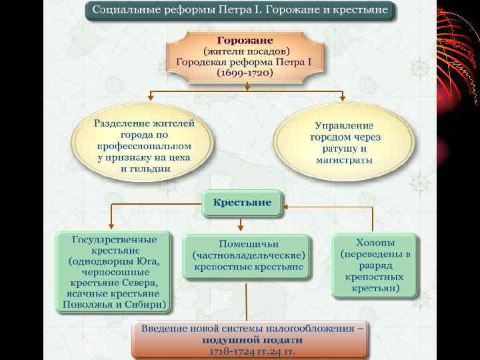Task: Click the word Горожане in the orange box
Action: (x=245, y=41)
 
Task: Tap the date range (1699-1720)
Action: (x=245, y=73)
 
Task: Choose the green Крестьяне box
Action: (x=242, y=202)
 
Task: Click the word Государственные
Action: (x=115, y=239)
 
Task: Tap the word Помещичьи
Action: (x=249, y=243)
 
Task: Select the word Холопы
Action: (x=375, y=243)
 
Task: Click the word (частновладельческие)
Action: (x=249, y=255)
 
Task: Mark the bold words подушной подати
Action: (x=249, y=339)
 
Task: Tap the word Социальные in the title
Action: (x=123, y=11)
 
